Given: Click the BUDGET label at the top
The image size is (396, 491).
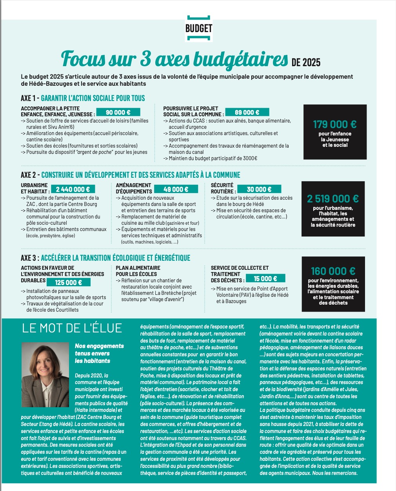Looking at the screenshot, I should click(199, 28).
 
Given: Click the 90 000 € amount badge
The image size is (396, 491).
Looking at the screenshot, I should click(118, 112).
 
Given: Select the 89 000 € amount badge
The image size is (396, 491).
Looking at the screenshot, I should click(247, 112).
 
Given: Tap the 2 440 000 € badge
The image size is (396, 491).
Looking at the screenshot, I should click(73, 189).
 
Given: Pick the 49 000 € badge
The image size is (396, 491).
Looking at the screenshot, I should click(176, 189).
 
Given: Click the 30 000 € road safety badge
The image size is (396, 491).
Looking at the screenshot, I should click(259, 189).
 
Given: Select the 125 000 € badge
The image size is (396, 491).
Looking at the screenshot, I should click(68, 282).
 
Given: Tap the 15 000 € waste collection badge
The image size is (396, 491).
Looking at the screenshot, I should click(265, 278).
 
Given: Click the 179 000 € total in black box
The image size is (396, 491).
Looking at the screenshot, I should click(334, 125).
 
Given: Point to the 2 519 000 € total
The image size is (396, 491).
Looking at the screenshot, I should click(333, 199).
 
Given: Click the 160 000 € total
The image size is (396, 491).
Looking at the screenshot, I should click(333, 271).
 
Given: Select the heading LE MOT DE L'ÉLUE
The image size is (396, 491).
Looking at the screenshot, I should click(72, 328).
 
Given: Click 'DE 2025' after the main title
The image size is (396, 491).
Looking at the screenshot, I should click(306, 62).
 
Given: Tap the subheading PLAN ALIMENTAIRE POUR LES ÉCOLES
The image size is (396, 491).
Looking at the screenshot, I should click(138, 271).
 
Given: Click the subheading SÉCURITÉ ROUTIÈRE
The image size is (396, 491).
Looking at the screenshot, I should click(222, 188).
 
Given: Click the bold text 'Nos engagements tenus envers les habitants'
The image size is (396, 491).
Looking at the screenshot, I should click(99, 353).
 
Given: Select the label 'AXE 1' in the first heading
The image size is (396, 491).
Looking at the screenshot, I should click(28, 98).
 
